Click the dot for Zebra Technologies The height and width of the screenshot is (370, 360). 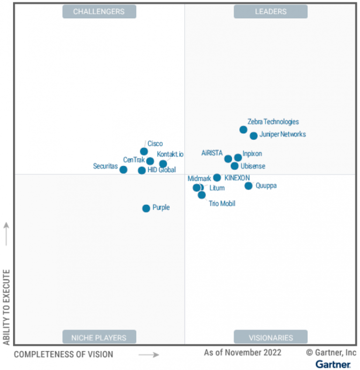point(243,130)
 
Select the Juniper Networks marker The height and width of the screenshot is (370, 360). point(254,136)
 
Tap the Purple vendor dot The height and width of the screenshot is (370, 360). point(146,208)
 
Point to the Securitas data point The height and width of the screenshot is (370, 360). point(123,170)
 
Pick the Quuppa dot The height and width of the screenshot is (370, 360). point(248,186)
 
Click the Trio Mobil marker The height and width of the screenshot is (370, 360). point(202,195)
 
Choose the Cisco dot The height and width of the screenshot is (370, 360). point(144,151)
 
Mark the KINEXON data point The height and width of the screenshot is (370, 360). point(217,178)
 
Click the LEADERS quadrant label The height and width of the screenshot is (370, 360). point(270,11)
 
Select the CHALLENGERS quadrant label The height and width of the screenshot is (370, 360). point(99,11)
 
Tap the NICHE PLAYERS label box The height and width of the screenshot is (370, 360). point(99,337)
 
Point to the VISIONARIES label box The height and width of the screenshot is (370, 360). point(270,337)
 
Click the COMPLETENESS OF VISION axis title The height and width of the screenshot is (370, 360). point(63,355)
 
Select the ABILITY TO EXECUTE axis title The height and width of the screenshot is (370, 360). point(7,307)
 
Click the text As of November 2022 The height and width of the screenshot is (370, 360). point(242,352)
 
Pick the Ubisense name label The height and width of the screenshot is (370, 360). point(253,166)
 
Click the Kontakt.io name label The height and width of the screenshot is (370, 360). point(170,154)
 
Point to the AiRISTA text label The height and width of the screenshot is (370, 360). point(212,153)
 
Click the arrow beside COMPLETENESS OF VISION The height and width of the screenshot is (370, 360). point(149,355)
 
